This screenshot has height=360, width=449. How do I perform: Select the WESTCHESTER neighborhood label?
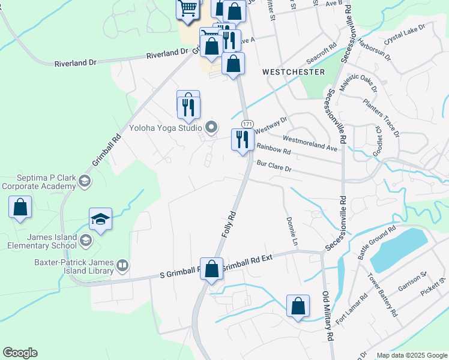coord(294,72)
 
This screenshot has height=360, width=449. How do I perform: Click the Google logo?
coord(20,353)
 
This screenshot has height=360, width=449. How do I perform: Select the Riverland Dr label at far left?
coord(75,62)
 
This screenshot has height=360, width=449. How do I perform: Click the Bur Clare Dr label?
coord(274,166)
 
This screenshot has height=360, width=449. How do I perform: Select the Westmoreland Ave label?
coord(310,142)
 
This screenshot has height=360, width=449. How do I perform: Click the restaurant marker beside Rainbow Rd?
coord(241,140)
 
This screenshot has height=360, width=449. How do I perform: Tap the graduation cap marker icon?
coord(101,219)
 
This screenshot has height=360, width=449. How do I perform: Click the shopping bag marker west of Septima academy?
coord(20,206)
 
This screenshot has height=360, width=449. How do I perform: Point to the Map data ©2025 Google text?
coord(412,355)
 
